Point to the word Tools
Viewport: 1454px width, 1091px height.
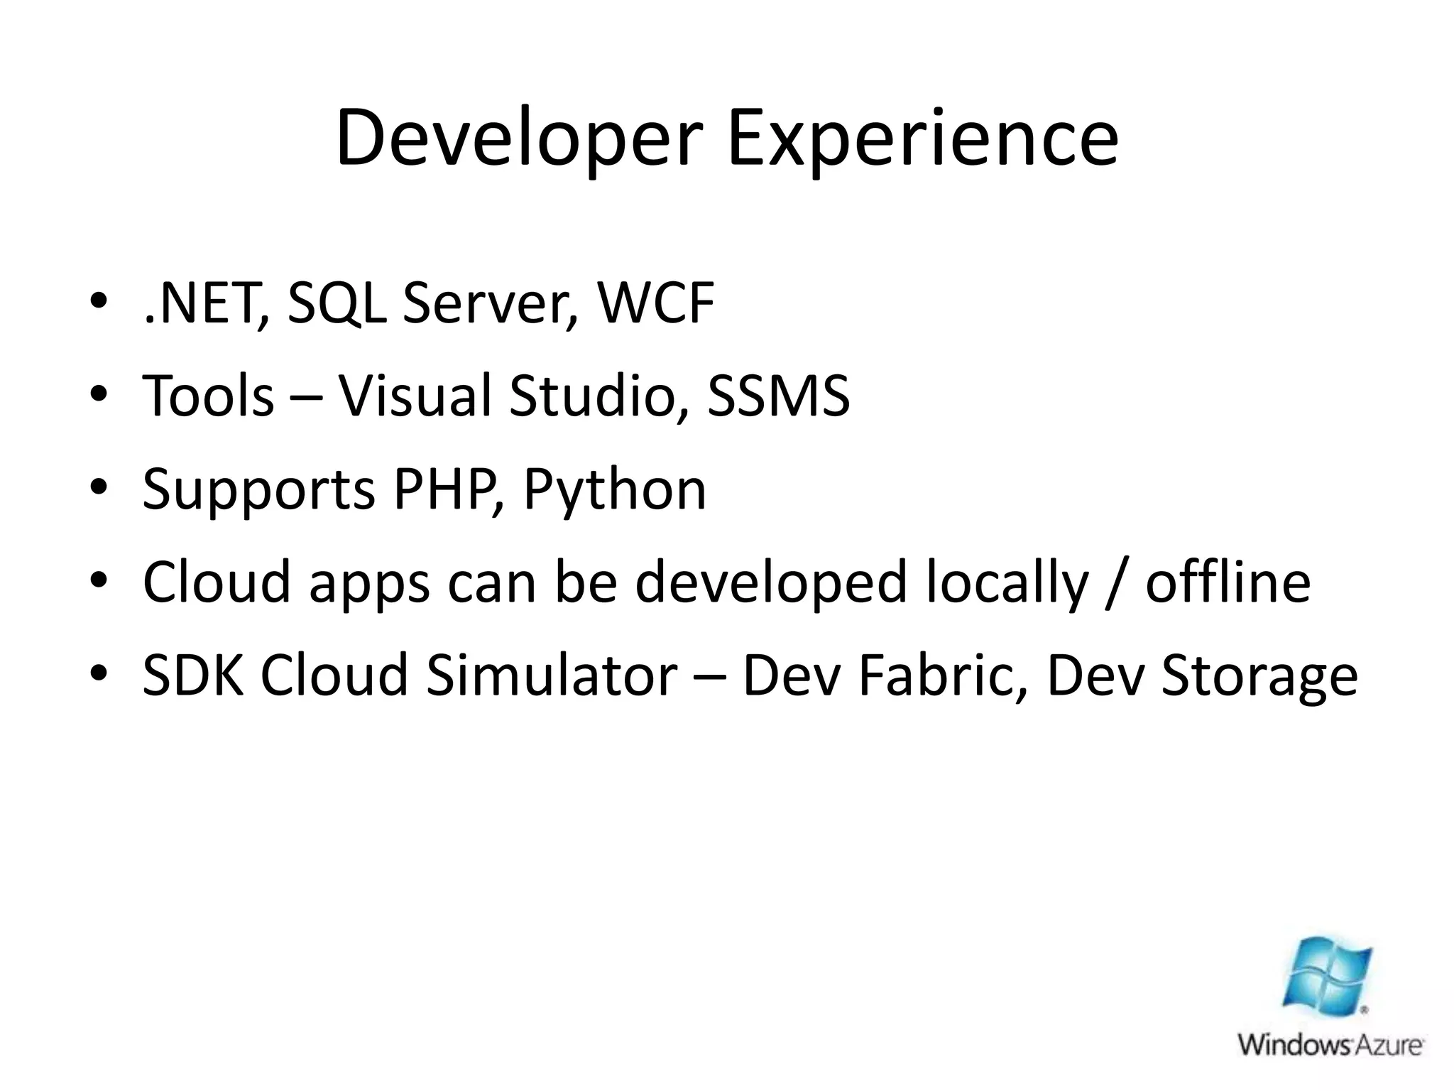[208, 396]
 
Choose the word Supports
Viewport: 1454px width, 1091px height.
[258, 489]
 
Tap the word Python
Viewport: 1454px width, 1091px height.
[615, 489]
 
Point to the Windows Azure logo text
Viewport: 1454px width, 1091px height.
[1330, 1045]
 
